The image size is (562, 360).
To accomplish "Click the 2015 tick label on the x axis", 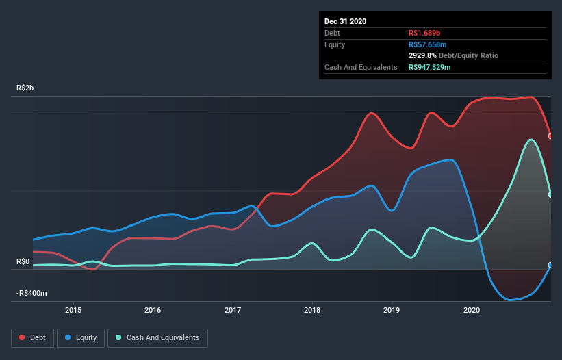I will (73, 309).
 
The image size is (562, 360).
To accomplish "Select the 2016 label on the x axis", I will (153, 309).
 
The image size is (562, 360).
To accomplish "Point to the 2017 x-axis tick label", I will (233, 309).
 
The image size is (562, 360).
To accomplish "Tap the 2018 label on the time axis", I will (313, 309).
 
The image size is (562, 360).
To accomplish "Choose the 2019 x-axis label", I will (392, 309).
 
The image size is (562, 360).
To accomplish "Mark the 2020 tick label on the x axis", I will (472, 309).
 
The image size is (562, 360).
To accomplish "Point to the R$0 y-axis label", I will (23, 262).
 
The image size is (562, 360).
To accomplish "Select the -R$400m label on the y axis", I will (31, 294).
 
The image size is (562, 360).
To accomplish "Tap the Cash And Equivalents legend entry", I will (157, 337).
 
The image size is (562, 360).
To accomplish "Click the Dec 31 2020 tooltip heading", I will (345, 21).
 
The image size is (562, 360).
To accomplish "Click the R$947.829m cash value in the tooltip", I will (435, 67).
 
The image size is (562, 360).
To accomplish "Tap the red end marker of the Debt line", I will (550, 136).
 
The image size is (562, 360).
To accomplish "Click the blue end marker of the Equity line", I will (550, 266).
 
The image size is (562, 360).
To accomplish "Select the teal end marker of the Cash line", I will (550, 194).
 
